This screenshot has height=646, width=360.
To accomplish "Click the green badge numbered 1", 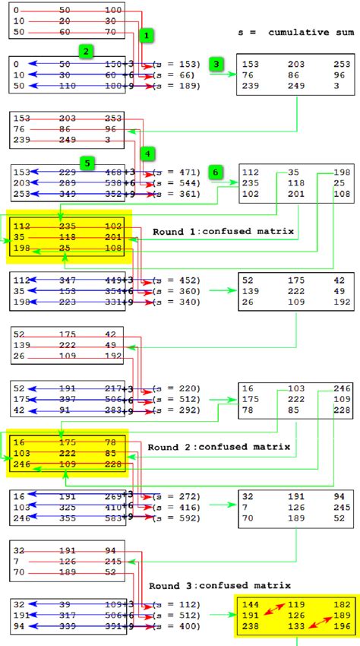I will pos(147,35).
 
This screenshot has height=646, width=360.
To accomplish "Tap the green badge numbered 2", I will pos(87,51).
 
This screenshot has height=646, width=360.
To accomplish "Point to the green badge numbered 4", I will pos(147,154).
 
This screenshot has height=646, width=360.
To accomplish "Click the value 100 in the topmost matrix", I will pos(112,10).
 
